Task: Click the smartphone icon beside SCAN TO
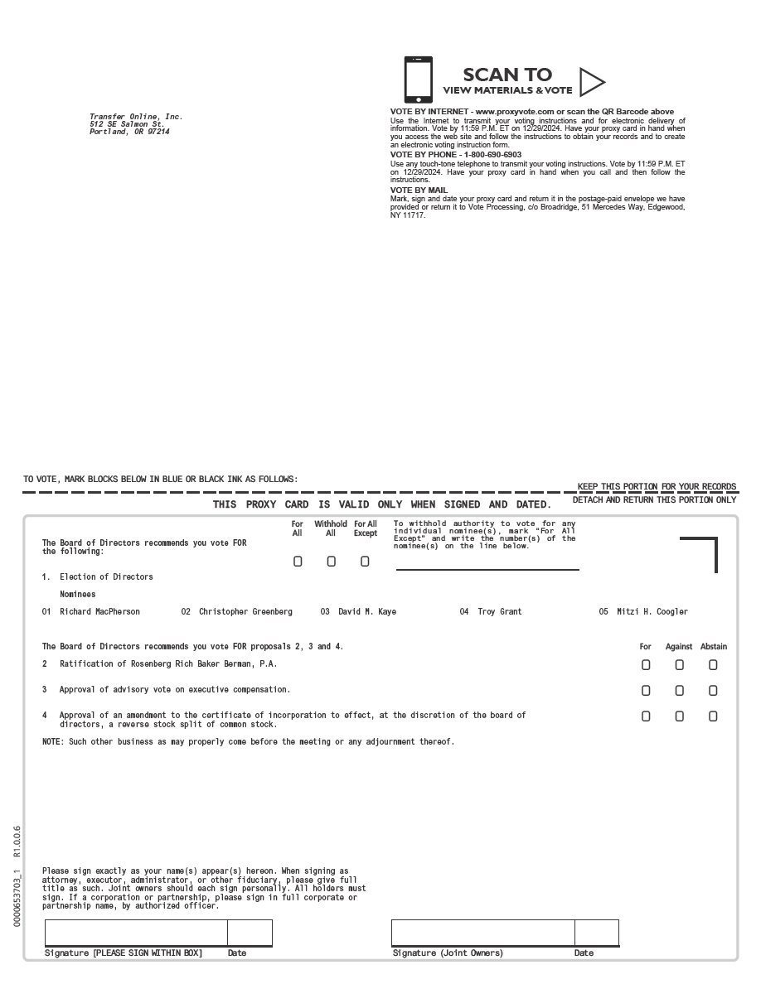point(418,80)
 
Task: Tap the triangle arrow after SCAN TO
point(591,81)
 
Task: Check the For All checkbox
point(298,562)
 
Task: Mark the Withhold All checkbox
point(331,562)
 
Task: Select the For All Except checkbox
point(365,562)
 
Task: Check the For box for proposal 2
point(646,664)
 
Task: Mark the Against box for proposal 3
point(680,691)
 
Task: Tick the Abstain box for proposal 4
point(713,716)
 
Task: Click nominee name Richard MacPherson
point(99,612)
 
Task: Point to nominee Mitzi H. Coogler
point(652,612)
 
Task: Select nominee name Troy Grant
point(500,612)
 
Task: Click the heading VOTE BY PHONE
point(456,155)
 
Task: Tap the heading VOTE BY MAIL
point(419,191)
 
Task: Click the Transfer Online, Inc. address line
point(136,117)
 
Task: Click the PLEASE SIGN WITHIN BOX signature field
point(136,933)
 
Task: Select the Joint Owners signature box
point(482,933)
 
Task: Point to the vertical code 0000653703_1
point(17,894)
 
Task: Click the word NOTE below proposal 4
point(51,742)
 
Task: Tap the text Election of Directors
point(106,576)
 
